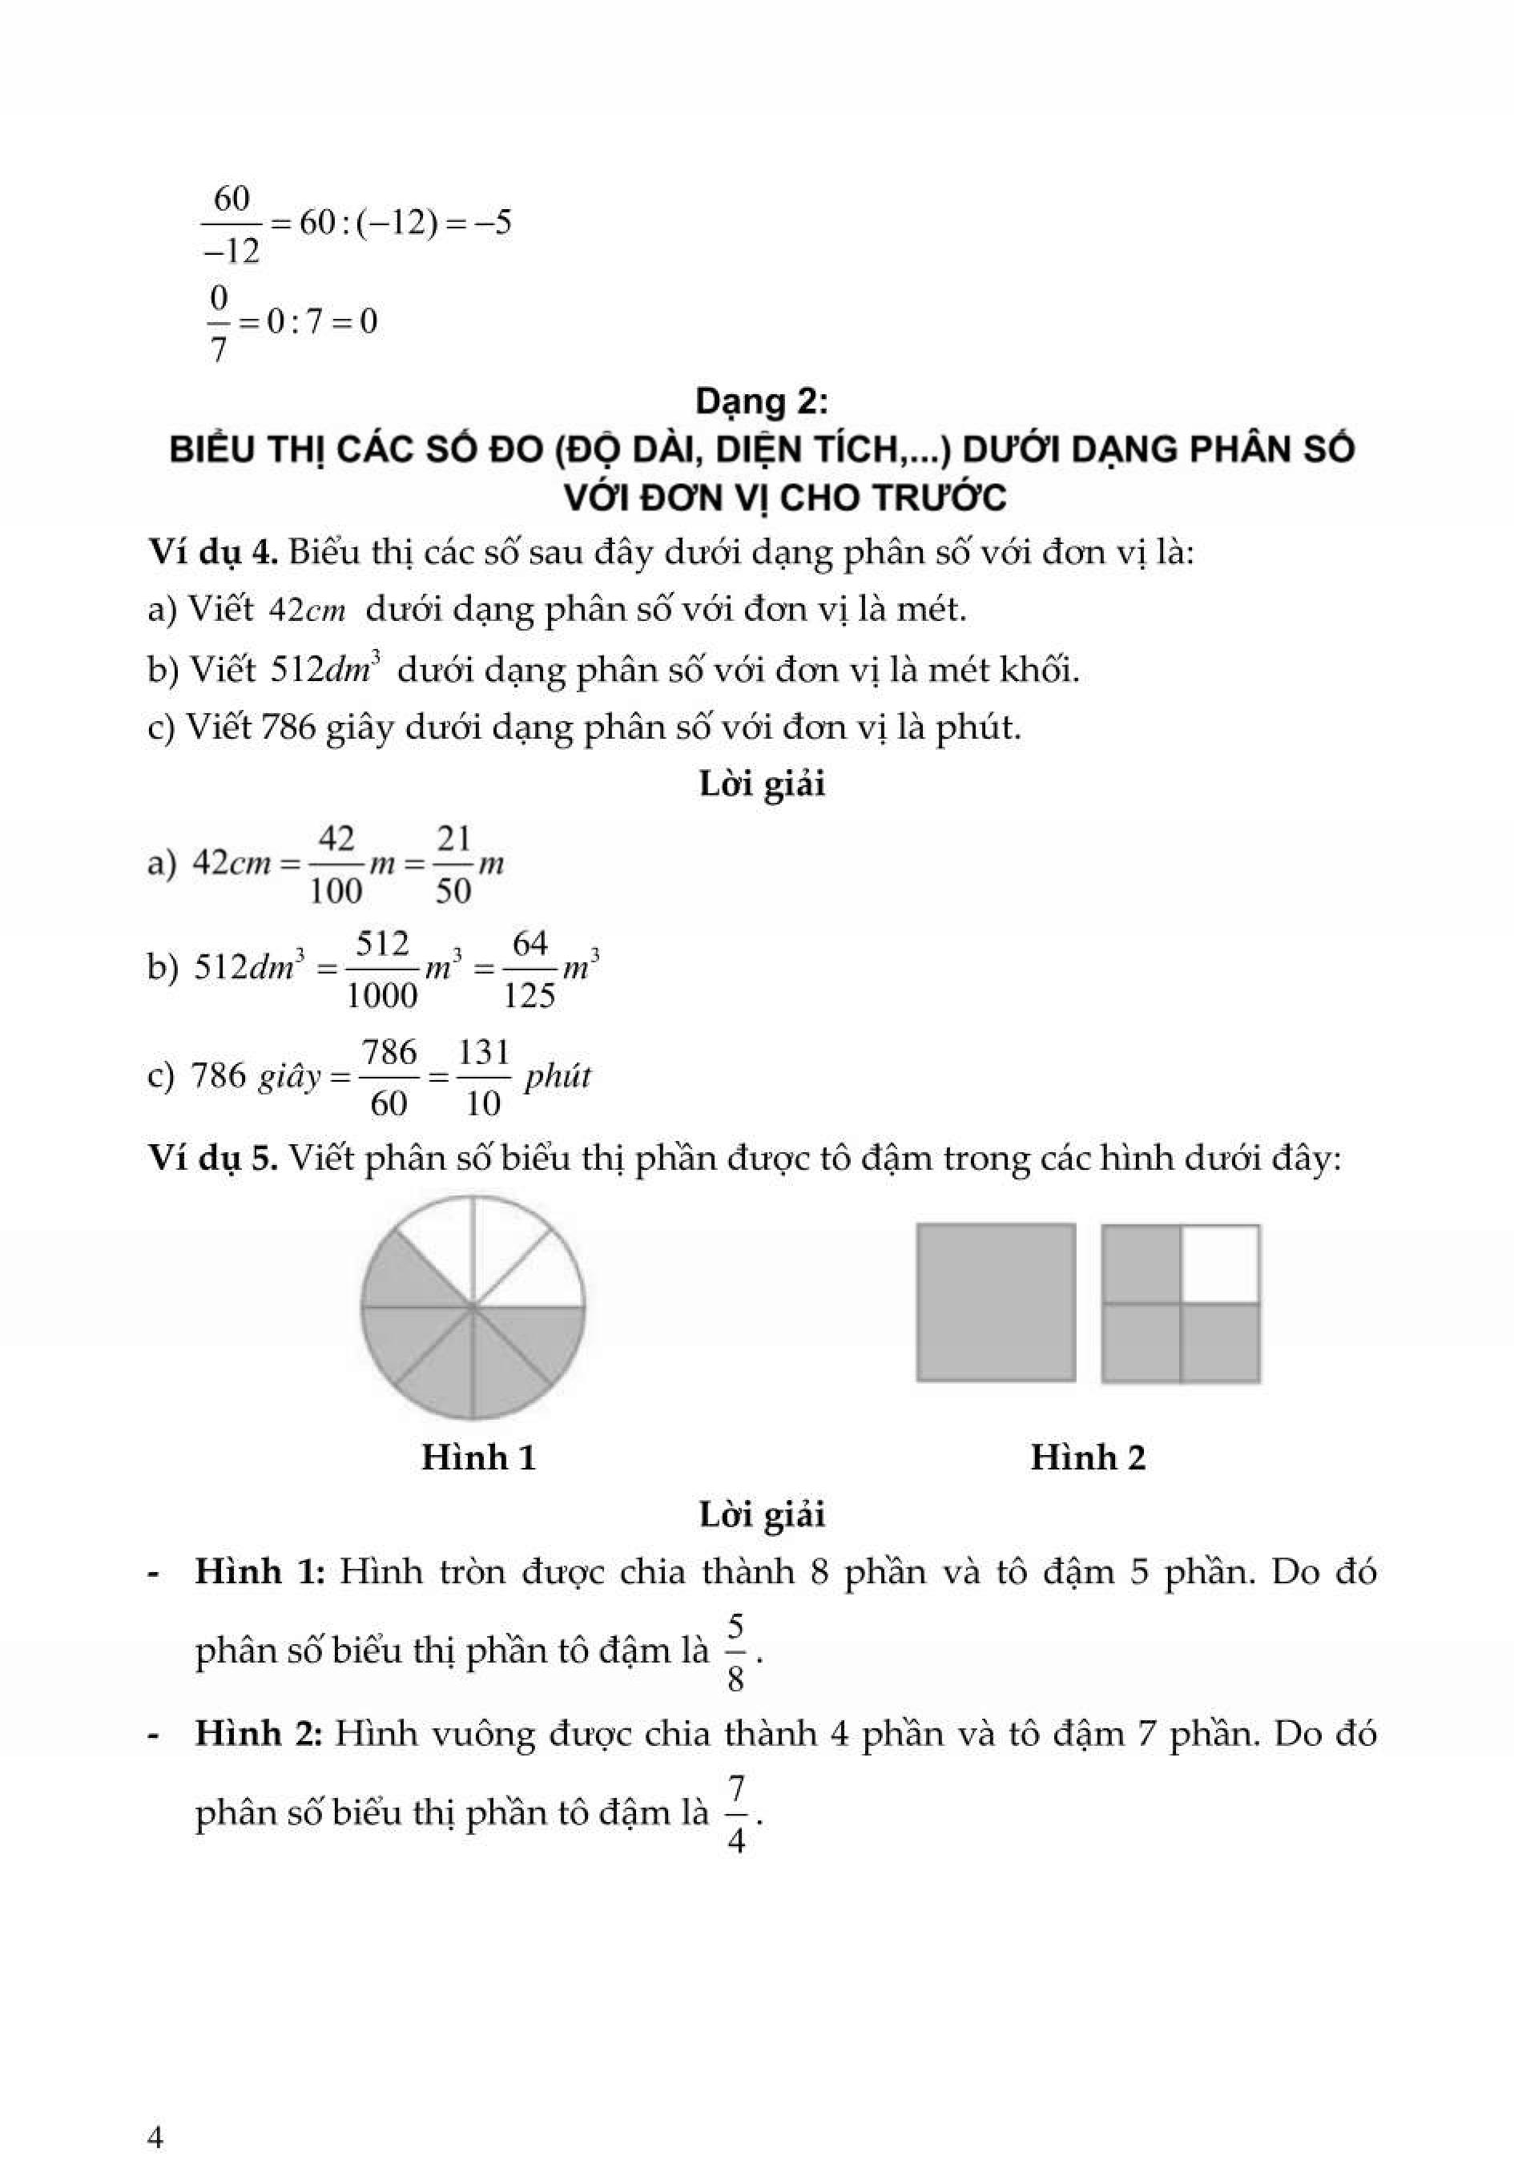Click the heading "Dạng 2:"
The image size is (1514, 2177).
[761, 402]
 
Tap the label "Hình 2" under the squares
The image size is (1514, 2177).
[1087, 1457]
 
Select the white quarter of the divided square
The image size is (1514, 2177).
[1220, 1264]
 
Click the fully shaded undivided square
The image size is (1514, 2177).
[996, 1302]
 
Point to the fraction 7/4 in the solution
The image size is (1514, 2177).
[735, 1815]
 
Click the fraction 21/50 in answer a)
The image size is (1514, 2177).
[453, 864]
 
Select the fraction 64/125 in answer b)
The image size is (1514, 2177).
[529, 969]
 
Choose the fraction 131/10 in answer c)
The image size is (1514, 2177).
[484, 1077]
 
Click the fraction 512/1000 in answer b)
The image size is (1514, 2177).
[382, 969]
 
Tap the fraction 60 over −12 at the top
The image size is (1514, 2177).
[232, 224]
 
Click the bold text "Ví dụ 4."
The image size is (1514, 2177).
[212, 551]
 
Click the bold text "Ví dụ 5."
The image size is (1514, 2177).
[212, 1158]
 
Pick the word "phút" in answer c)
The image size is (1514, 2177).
[558, 1076]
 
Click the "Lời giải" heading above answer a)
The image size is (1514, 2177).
[761, 783]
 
